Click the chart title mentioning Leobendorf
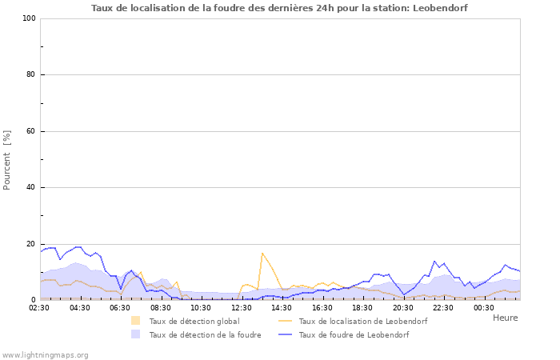pyautogui.click(x=279, y=8)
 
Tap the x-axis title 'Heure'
pyautogui.click(x=505, y=318)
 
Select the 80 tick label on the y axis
pyautogui.click(x=30, y=75)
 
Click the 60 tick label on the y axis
pyautogui.click(x=30, y=131)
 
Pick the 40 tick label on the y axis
pyautogui.click(x=30, y=188)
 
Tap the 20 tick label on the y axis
pyautogui.click(x=30, y=244)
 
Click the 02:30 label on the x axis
pyautogui.click(x=40, y=307)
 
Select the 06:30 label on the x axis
pyautogui.click(x=120, y=307)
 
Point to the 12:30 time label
pyautogui.click(x=242, y=307)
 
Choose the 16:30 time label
pyautogui.click(x=322, y=307)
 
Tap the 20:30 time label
pyautogui.click(x=403, y=307)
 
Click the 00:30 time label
pyautogui.click(x=483, y=307)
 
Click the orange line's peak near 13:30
pyautogui.click(x=262, y=253)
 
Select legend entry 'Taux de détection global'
pyautogui.click(x=194, y=322)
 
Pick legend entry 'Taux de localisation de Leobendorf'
pyautogui.click(x=362, y=322)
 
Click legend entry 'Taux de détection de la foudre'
pyautogui.click(x=205, y=335)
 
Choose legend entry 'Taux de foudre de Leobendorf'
pyautogui.click(x=353, y=335)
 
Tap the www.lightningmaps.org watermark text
pyautogui.click(x=45, y=354)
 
